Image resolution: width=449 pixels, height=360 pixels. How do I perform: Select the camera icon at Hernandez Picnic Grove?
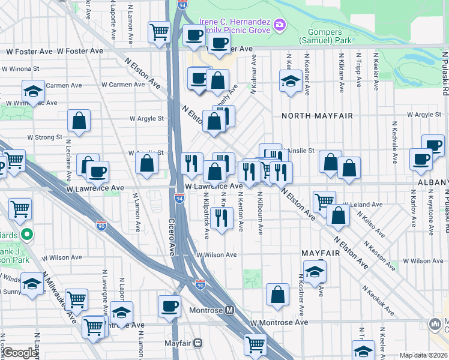pyautogui.click(x=279, y=25)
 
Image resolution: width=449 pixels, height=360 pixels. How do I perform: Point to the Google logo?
pyautogui.click(x=20, y=353)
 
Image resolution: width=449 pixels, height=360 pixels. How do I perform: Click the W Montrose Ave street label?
pyautogui.click(x=279, y=322)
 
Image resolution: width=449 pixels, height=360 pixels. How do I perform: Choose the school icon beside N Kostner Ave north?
pyautogui.click(x=291, y=81)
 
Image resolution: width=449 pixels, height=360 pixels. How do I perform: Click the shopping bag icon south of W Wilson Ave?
pyautogui.click(x=277, y=295)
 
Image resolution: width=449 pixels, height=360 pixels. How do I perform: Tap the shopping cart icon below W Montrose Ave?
pyautogui.click(x=255, y=344)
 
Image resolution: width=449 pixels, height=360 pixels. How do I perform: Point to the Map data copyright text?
pyautogui.click(x=423, y=355)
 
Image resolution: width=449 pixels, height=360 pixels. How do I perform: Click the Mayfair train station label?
pyautogui.click(x=181, y=344)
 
